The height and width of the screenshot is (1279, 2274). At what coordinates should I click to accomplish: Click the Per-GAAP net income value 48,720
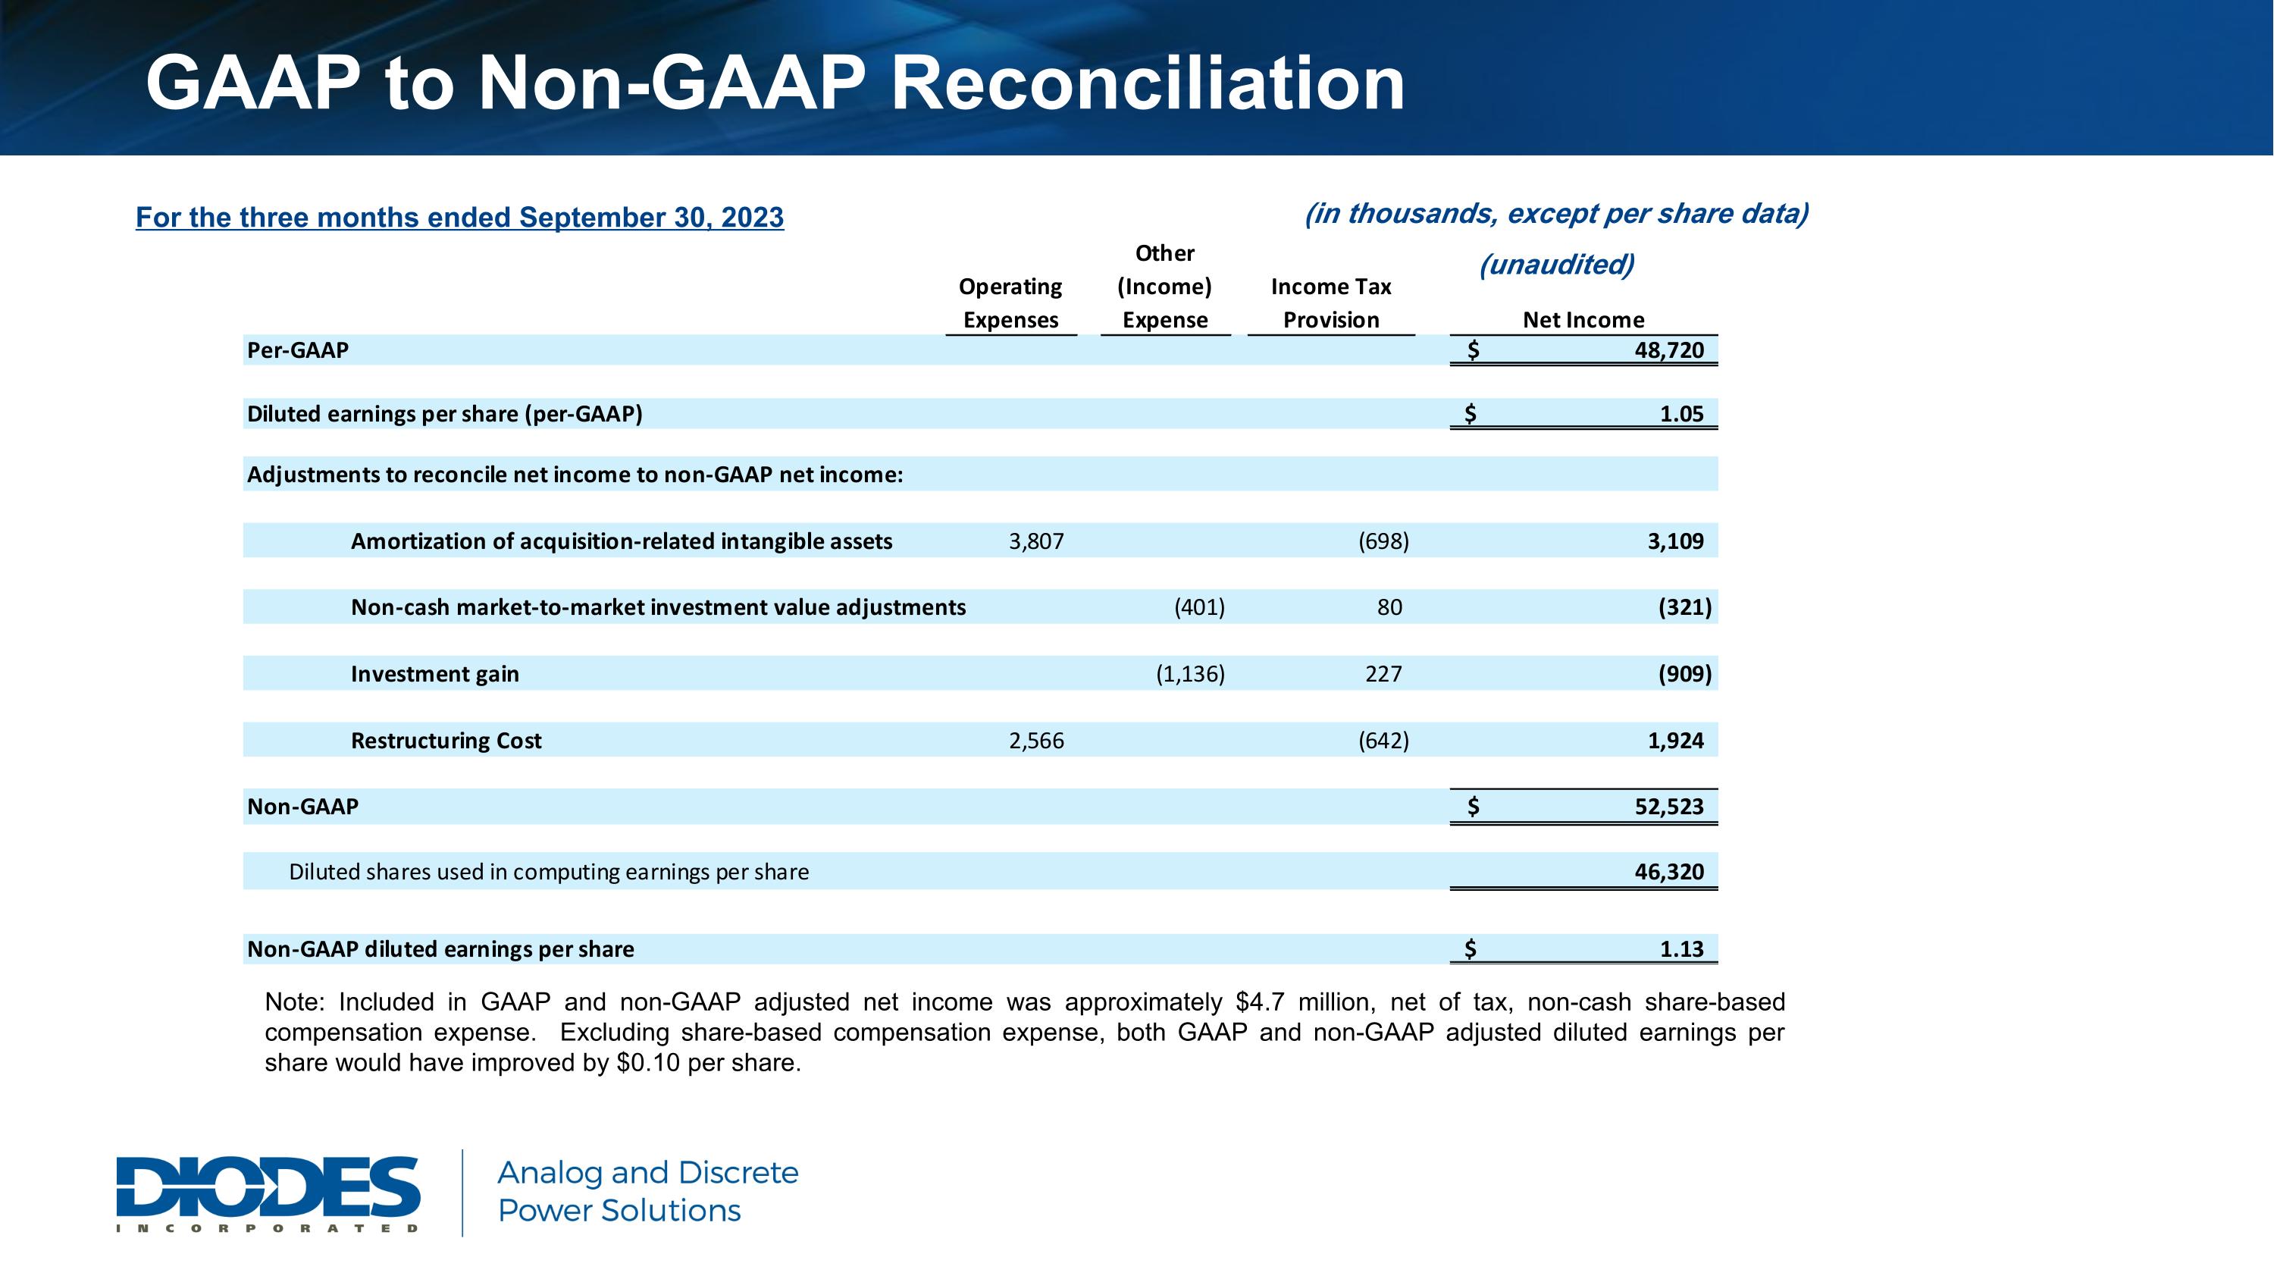click(1668, 350)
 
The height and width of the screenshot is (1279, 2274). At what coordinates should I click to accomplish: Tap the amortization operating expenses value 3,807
click(1036, 541)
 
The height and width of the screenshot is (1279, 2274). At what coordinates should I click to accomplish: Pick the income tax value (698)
click(1383, 541)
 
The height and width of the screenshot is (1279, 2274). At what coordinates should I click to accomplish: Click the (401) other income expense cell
click(1199, 607)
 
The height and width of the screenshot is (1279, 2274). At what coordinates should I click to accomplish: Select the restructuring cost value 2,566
click(1036, 741)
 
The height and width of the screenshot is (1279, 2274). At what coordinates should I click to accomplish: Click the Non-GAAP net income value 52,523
click(1668, 807)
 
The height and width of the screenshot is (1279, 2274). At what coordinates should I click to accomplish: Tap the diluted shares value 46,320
click(1668, 872)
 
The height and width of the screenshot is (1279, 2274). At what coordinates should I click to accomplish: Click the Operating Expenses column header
click(1010, 303)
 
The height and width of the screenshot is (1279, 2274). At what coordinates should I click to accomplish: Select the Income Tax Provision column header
click(1330, 303)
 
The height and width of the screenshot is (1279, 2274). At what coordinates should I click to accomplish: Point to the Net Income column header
click(1583, 319)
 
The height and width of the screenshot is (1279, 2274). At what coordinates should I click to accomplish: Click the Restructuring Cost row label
click(446, 741)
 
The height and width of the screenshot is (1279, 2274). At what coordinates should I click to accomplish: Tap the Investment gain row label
click(434, 674)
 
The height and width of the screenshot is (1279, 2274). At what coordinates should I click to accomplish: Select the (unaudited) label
click(1556, 264)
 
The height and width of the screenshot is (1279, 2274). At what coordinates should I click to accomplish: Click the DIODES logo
click(268, 1193)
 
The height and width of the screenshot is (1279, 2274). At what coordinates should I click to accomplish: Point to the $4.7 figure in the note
click(1260, 1002)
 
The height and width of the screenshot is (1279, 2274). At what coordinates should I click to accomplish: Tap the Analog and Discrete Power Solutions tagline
click(647, 1192)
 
